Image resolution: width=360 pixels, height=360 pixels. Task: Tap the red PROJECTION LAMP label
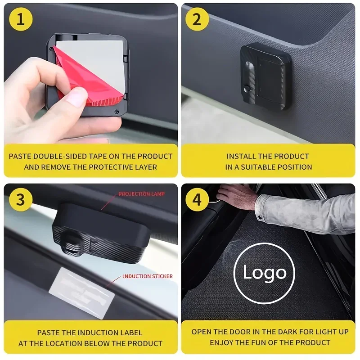(141, 194)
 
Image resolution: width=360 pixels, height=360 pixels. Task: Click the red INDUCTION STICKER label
(148, 276)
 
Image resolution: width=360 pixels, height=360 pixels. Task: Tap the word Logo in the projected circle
(264, 273)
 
